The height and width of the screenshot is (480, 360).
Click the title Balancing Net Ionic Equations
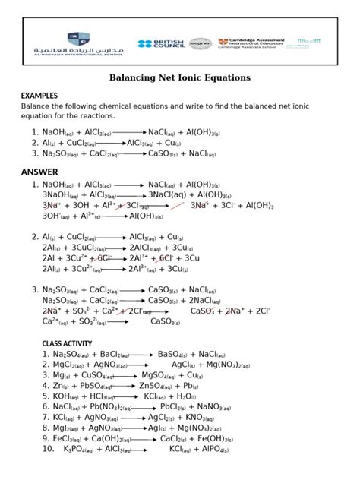[x=180, y=77]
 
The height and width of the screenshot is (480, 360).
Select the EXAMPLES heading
[x=39, y=95]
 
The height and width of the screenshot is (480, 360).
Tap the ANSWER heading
[x=39, y=172]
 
